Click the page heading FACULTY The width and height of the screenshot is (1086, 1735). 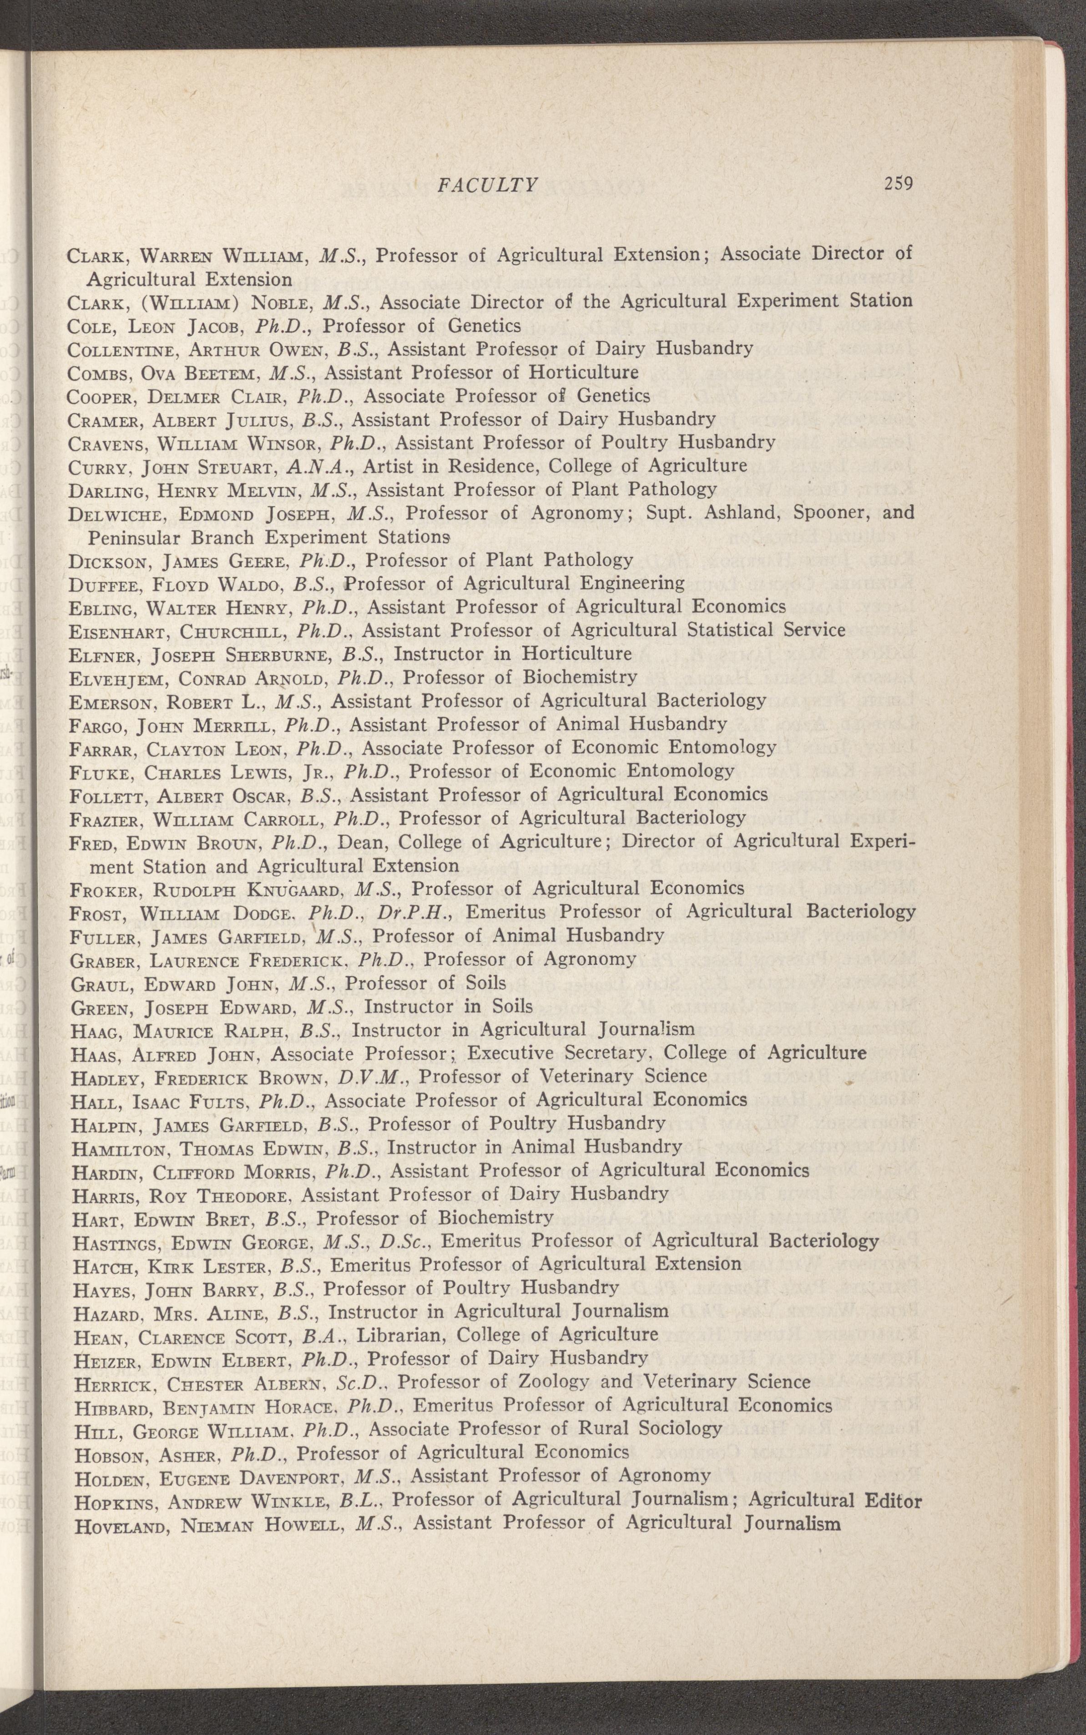tap(488, 185)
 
